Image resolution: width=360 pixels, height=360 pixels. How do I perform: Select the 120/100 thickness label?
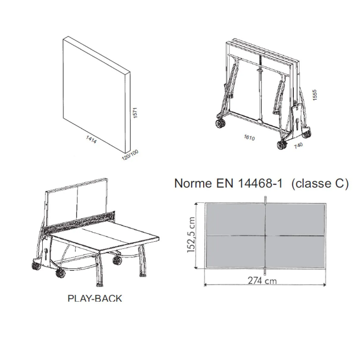pyautogui.click(x=130, y=155)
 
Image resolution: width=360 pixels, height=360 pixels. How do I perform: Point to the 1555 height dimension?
pyautogui.click(x=315, y=95)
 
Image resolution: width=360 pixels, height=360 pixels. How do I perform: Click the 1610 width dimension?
pyautogui.click(x=249, y=138)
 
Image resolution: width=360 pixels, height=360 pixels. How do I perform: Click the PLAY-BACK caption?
pyautogui.click(x=95, y=298)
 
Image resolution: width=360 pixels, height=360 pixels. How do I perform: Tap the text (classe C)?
pyautogui.click(x=320, y=183)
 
